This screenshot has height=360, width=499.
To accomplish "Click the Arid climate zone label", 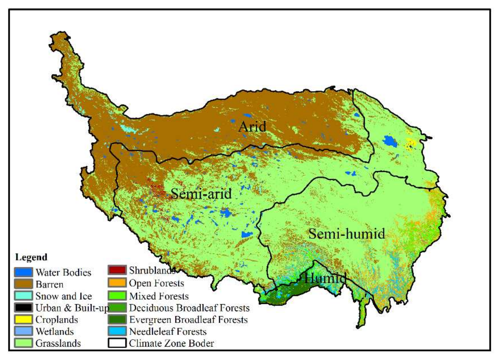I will tap(252, 127).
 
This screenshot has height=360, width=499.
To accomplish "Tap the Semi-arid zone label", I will tap(201, 194).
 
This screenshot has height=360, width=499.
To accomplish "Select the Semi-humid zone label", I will tap(346, 234).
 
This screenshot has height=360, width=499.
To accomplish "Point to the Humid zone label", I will tap(325, 278).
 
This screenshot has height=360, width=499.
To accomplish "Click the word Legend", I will tap(31, 257).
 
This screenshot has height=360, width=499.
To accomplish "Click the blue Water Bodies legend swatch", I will tap(23, 272).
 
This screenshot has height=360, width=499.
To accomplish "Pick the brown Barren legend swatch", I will tap(23, 284).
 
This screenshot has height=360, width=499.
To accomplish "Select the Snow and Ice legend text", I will tap(64, 296).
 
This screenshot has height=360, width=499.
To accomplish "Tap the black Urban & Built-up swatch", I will tap(23, 308).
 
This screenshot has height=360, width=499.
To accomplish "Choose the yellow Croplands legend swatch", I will tap(23, 319).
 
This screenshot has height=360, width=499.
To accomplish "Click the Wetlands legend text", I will tap(55, 331).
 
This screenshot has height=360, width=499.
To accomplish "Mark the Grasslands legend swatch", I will tap(23, 343).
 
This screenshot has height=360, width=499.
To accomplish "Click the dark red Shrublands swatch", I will tap(117, 270).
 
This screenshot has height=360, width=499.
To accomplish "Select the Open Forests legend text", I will tap(157, 283).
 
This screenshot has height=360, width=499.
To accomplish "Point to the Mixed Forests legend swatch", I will tap(117, 296).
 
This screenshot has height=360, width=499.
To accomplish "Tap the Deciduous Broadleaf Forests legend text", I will tap(189, 308).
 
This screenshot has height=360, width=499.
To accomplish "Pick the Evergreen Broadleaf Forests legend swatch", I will tap(117, 319).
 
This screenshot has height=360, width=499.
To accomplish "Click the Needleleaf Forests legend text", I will tap(168, 331).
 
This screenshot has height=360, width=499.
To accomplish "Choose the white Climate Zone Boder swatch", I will tap(117, 343).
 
